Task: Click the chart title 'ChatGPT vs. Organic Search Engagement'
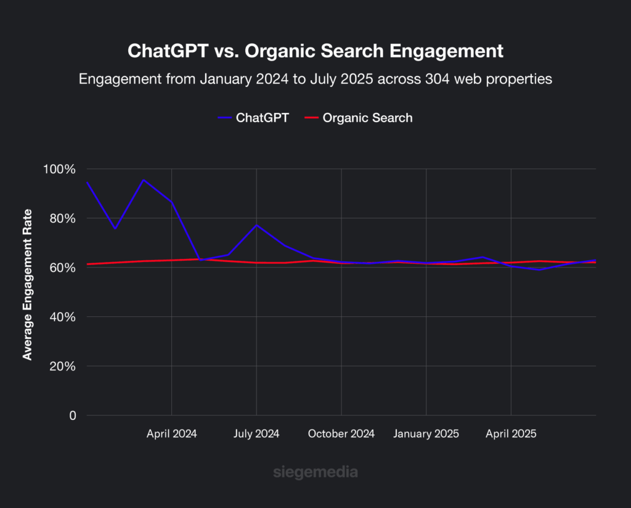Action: (x=315, y=51)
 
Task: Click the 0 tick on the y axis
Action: (x=72, y=416)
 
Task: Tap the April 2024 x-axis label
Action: (x=171, y=434)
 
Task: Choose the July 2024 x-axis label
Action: (x=256, y=434)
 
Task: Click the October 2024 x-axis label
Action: (x=341, y=434)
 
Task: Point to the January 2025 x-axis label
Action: (x=426, y=434)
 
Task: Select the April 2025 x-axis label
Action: (x=511, y=434)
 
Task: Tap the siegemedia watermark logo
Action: (x=315, y=473)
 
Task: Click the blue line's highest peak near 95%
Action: (x=143, y=180)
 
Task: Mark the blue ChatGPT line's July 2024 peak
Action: (x=256, y=225)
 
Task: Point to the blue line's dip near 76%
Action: (x=115, y=229)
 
